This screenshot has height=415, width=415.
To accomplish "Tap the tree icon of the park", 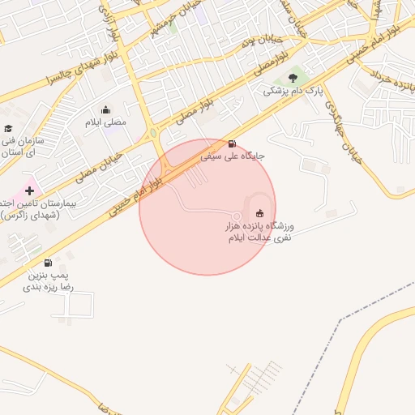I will click(292, 79).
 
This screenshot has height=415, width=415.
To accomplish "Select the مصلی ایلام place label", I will click(106, 122).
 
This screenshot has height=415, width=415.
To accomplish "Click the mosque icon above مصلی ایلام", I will click(105, 109).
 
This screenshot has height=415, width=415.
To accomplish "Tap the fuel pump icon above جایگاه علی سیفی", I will click(233, 143).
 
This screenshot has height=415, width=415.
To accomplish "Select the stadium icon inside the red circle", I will click(260, 212).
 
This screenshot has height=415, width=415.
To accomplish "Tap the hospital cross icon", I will click(30, 191).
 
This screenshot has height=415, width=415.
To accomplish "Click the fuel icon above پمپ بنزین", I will click(48, 263).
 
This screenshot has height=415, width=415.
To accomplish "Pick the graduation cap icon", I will click(8, 128).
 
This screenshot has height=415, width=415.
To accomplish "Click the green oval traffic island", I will click(152, 133).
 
